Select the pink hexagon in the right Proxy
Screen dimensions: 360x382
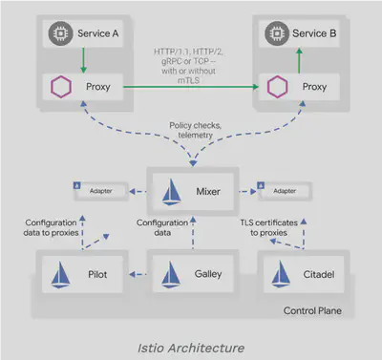[278, 87]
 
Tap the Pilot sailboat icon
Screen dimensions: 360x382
[60, 273]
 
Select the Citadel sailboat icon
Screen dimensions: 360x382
[285, 273]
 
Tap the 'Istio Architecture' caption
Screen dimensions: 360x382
[191, 341]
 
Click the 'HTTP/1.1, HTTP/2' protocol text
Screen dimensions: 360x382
[191, 50]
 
